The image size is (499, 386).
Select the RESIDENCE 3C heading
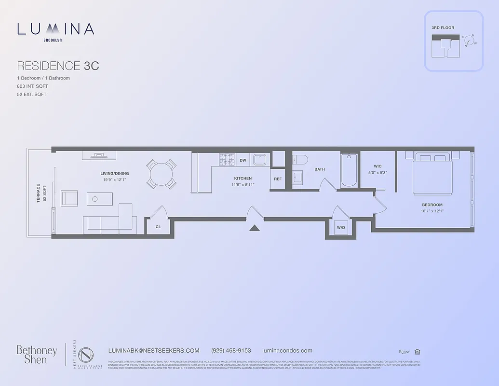tap(58, 66)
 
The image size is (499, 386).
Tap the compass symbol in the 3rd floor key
tap(469, 41)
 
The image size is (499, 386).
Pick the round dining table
tap(162, 174)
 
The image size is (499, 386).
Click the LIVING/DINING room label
tap(114, 174)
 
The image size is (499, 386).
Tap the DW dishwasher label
tap(243, 160)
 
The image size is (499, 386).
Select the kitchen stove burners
tap(227, 159)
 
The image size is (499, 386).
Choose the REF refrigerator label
tap(278, 179)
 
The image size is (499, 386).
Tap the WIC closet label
tap(378, 166)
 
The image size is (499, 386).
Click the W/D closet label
tap(340, 227)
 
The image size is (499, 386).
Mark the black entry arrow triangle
tap(255, 228)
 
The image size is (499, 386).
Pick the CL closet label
tap(158, 226)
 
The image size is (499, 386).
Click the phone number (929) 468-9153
tap(231, 351)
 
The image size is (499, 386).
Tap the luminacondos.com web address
tap(287, 351)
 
